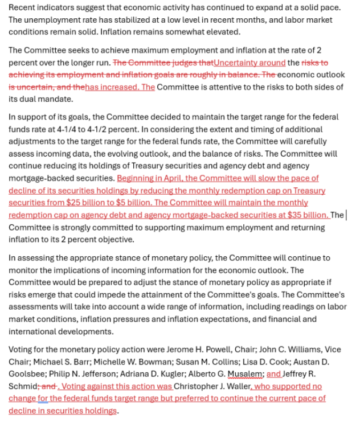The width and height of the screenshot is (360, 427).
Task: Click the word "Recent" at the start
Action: pyautogui.click(x=22, y=7)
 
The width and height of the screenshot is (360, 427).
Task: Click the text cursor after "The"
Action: pyautogui.click(x=346, y=215)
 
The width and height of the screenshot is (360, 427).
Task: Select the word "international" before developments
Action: pyautogui.click(x=34, y=331)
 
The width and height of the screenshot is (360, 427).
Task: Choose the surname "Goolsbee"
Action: pyautogui.click(x=27, y=373)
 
